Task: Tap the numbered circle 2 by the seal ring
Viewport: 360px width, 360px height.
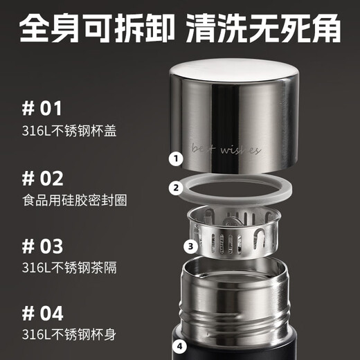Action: [x=177, y=187]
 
